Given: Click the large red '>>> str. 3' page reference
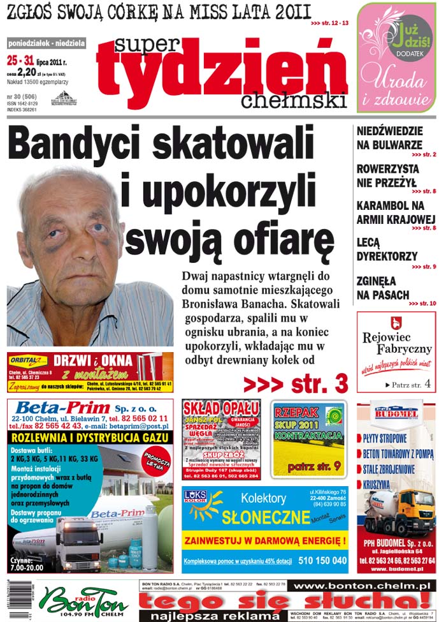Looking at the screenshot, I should tap(296, 383).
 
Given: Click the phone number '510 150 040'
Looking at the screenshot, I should tap(323, 561).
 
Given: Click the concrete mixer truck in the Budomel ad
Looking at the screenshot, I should tap(396, 511).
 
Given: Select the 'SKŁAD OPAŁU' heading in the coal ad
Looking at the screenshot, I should tap(220, 408).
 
